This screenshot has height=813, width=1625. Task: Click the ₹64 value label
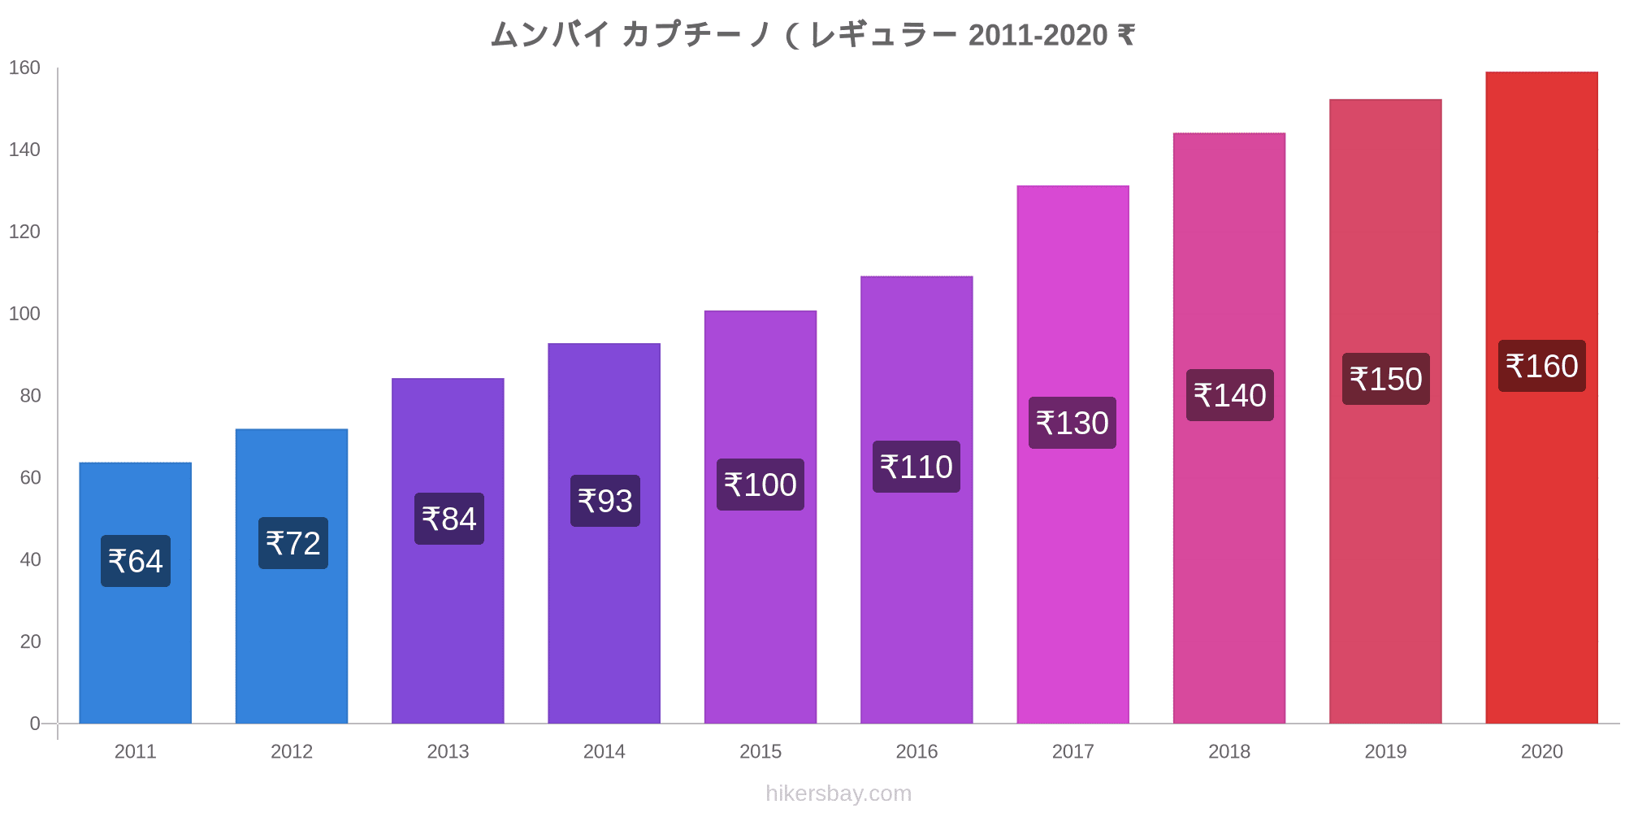pyautogui.click(x=136, y=561)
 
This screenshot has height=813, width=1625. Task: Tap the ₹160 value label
pyautogui.click(x=1541, y=366)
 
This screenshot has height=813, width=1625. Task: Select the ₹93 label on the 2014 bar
pyautogui.click(x=604, y=501)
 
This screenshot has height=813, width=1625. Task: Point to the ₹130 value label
pyautogui.click(x=1072, y=423)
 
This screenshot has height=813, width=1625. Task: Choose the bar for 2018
pyautogui.click(x=1228, y=569)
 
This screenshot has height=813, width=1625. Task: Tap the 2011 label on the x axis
pyautogui.click(x=136, y=751)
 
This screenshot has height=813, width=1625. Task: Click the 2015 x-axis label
pyautogui.click(x=760, y=751)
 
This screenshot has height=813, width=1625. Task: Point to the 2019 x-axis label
pyautogui.click(x=1385, y=751)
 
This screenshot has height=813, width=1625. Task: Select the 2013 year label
pyautogui.click(x=448, y=751)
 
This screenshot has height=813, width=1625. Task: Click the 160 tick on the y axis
pyautogui.click(x=24, y=68)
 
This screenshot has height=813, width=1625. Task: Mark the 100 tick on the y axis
pyautogui.click(x=24, y=314)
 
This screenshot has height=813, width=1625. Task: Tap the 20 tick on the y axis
pyautogui.click(x=30, y=641)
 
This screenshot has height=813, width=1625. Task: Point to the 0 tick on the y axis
pyautogui.click(x=35, y=724)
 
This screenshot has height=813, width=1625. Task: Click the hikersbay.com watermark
pyautogui.click(x=838, y=793)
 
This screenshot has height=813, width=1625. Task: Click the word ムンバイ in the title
pyautogui.click(x=550, y=35)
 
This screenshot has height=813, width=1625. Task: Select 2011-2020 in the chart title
pyautogui.click(x=1038, y=35)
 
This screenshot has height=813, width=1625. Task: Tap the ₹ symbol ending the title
pyautogui.click(x=1126, y=35)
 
